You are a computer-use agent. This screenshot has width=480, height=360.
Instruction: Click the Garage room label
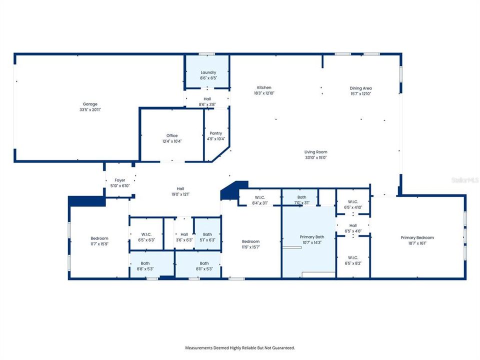90,104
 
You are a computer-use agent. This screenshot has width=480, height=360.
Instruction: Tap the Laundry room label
208,72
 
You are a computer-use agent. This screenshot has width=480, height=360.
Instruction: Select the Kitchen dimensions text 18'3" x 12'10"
264,93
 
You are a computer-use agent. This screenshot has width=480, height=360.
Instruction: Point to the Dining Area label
360,88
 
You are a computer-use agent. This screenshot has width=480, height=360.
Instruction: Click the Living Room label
315,152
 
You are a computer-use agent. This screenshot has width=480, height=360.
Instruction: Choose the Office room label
171,135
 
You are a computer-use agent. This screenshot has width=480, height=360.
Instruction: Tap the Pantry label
215,133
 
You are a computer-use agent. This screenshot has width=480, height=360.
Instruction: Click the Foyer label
119,180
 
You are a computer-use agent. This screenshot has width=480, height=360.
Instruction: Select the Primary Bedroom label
417,237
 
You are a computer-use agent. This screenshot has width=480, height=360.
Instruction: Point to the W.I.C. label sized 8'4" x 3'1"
259,197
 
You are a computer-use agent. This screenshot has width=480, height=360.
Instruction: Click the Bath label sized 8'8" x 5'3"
145,263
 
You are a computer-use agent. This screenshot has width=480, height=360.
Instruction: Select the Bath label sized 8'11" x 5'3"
204,263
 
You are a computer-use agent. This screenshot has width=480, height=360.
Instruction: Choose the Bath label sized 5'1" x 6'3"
207,234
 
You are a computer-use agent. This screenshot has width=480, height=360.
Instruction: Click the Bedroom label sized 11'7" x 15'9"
99,238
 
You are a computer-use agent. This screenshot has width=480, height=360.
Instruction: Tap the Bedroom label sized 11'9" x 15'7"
250,241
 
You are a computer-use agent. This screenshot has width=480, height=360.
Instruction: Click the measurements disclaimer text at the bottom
240,347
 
